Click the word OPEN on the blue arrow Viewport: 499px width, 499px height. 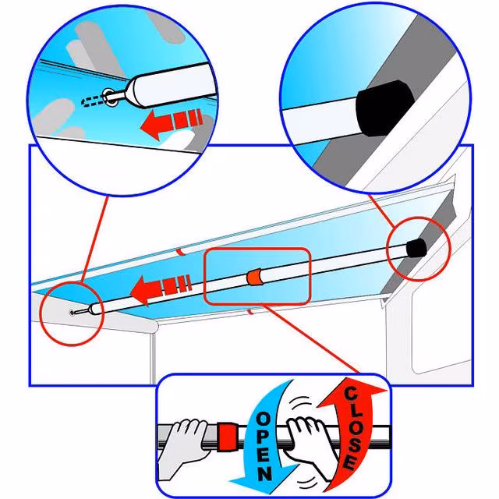(264, 445)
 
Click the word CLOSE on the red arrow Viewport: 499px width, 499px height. (353, 428)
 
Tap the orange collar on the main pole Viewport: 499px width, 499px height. (254, 278)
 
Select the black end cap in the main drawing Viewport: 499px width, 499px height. (416, 248)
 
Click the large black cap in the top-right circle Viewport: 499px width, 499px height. (384, 108)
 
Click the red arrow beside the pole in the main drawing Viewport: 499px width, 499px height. (161, 288)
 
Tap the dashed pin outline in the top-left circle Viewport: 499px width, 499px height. (94, 101)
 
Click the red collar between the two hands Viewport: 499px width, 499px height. (227, 437)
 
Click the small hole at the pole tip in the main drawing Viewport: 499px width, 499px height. (73, 313)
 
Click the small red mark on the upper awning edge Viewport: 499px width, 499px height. (180, 252)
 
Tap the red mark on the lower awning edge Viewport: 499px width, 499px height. (251, 312)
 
